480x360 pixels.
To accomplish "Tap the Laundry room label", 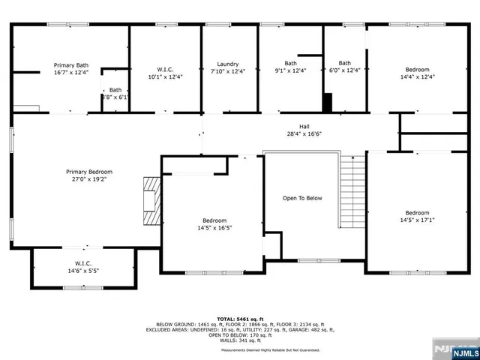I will tap(228, 64).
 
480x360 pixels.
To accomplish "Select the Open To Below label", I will tap(302, 198).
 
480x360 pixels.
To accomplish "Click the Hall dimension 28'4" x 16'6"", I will tap(304, 134).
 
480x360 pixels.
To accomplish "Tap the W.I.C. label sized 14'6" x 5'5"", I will tap(83, 271).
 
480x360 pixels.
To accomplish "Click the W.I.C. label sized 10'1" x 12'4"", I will tap(165, 76).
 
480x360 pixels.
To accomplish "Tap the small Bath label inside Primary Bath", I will tap(115, 90).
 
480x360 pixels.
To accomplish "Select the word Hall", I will tap(304, 126).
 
